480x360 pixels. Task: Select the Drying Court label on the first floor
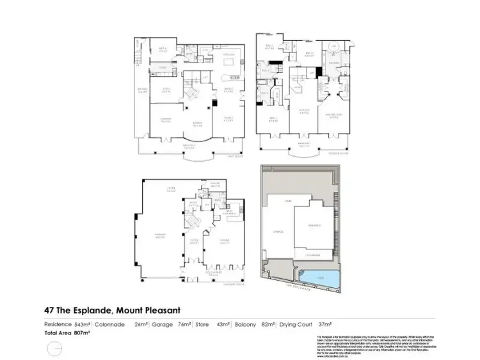click(142, 91)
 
